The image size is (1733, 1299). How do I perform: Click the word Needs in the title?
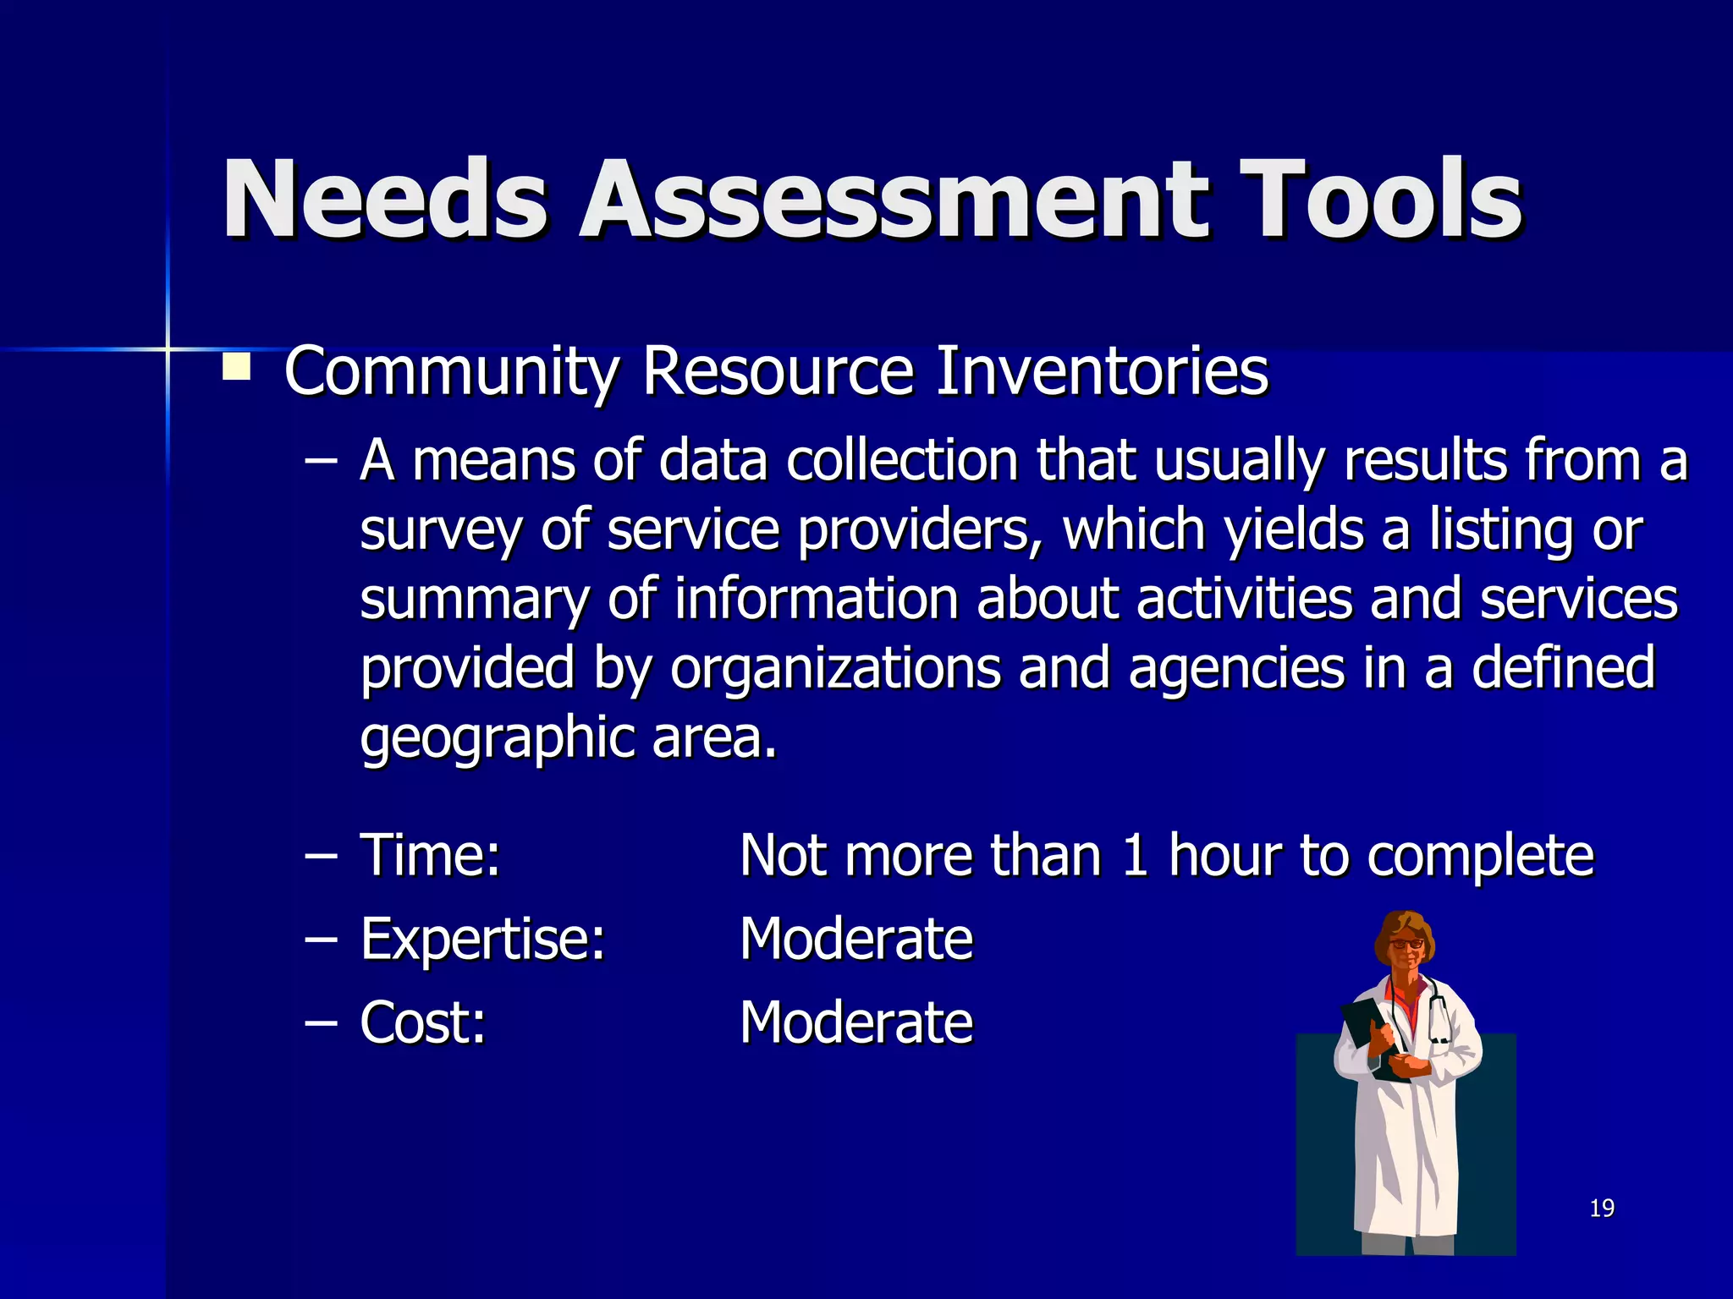pyautogui.click(x=385, y=200)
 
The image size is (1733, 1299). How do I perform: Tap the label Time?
pyautogui.click(x=431, y=855)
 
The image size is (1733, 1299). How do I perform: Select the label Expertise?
pyautogui.click(x=483, y=939)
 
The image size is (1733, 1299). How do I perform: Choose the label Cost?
pyautogui.click(x=423, y=1022)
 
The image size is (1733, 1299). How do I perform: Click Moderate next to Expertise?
pyautogui.click(x=856, y=939)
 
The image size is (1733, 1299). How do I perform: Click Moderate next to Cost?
pyautogui.click(x=856, y=1022)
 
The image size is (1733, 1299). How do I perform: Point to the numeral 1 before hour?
pyautogui.click(x=1134, y=855)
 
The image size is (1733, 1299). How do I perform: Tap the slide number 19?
pyautogui.click(x=1602, y=1209)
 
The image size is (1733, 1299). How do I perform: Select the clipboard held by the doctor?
pyautogui.click(x=1373, y=1037)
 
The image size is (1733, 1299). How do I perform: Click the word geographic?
pyautogui.click(x=497, y=738)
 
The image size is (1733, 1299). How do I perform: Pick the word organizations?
pyautogui.click(x=835, y=668)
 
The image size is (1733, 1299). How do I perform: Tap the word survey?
pyautogui.click(x=440, y=531)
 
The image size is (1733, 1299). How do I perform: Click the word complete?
pyautogui.click(x=1480, y=857)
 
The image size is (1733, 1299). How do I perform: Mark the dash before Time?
pyautogui.click(x=321, y=856)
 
